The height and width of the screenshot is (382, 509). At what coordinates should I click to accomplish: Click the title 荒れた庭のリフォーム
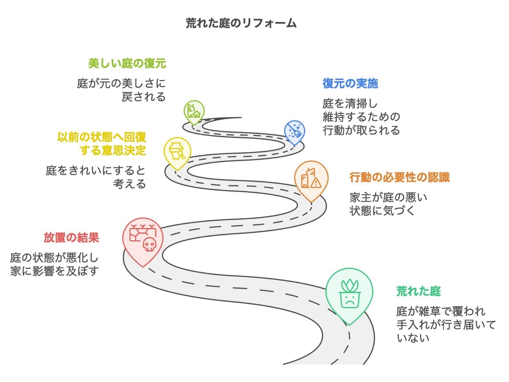click(241, 23)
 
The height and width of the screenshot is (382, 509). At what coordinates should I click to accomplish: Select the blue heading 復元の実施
click(350, 84)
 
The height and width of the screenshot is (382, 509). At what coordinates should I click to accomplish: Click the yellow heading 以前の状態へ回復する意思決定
click(102, 144)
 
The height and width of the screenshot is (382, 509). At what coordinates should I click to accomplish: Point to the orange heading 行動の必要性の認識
click(399, 177)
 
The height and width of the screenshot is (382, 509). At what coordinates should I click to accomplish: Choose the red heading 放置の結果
click(71, 238)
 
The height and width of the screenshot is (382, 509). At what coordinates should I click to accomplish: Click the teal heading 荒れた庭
click(418, 291)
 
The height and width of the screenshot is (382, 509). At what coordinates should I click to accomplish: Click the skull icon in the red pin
click(149, 244)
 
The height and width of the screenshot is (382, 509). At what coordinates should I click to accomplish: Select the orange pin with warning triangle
click(311, 180)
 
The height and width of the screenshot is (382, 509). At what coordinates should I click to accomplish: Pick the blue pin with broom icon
click(295, 131)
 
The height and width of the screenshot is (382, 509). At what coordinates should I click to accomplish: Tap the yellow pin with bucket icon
click(177, 151)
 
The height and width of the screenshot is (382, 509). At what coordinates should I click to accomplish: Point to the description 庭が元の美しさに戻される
click(122, 90)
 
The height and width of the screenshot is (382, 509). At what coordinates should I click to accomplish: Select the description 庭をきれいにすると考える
click(96, 177)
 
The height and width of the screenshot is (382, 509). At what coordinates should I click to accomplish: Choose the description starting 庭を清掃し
click(361, 117)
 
